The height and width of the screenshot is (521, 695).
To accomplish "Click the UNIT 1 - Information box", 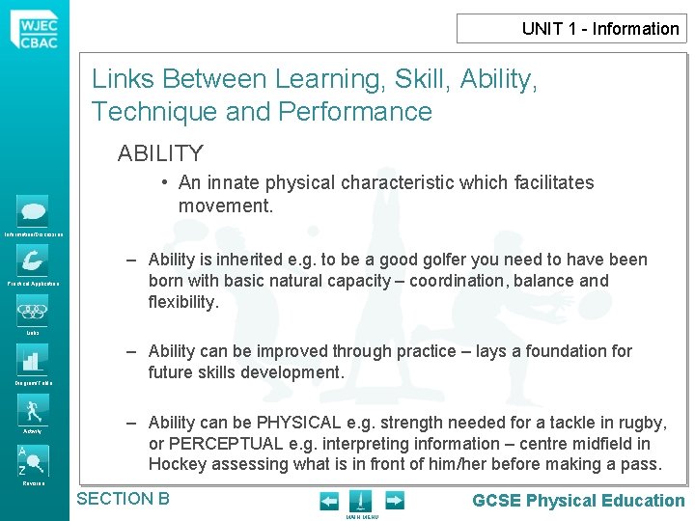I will pyautogui.click(x=571, y=28).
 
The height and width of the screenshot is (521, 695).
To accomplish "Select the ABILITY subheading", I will pyautogui.click(x=160, y=153).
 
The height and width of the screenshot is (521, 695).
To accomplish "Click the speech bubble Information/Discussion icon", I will pyautogui.click(x=33, y=211).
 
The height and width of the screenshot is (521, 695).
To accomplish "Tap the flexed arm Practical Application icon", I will pyautogui.click(x=33, y=260).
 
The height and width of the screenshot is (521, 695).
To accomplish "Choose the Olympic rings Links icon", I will pyautogui.click(x=33, y=313).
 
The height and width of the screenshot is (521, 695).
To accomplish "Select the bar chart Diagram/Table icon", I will pyautogui.click(x=33, y=361).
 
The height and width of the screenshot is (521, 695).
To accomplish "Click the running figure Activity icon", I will pyautogui.click(x=33, y=409).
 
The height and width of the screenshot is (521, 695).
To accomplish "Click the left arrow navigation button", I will pyautogui.click(x=329, y=501).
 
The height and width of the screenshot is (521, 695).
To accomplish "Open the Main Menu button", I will pyautogui.click(x=359, y=502).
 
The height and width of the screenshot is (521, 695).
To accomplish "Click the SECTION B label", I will pyautogui.click(x=123, y=499).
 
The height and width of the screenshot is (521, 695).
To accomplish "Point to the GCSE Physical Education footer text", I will pyautogui.click(x=578, y=500).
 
